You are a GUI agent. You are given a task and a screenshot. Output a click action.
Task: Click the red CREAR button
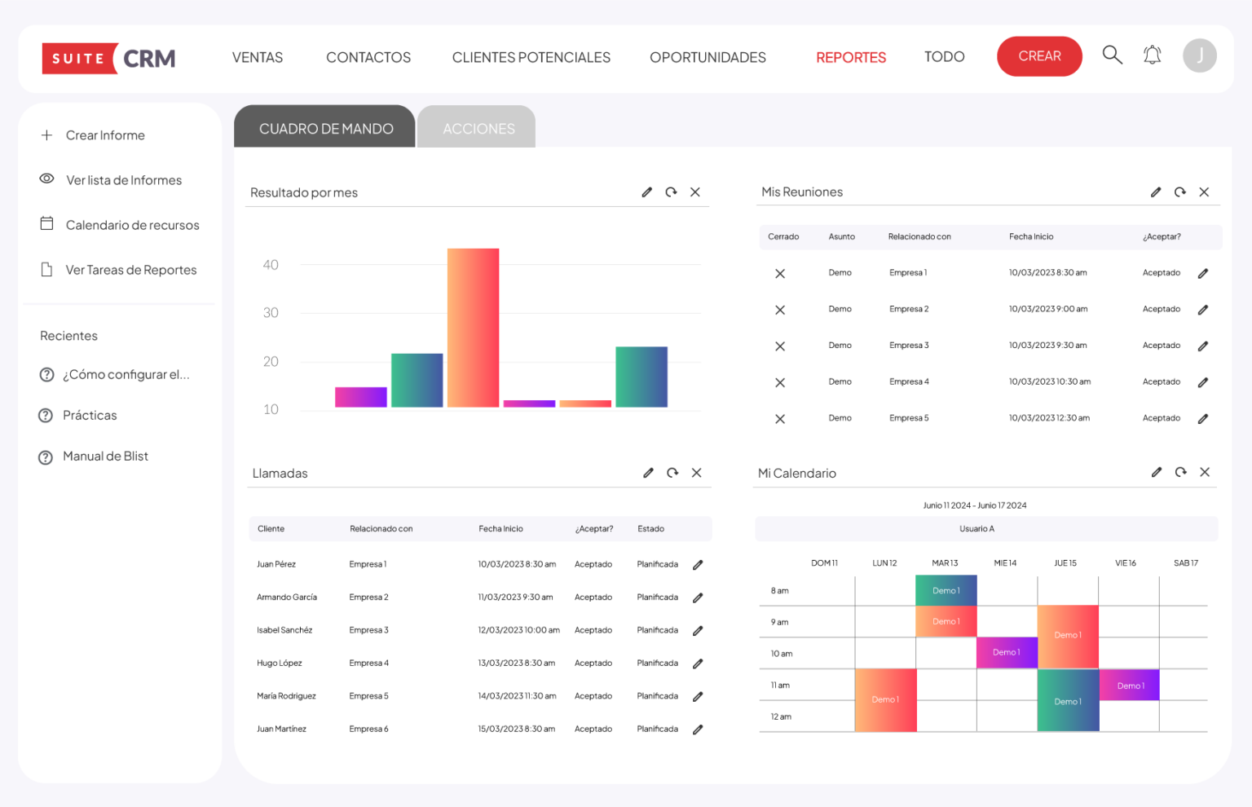(1039, 56)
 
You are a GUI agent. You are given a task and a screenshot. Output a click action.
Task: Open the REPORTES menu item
(851, 57)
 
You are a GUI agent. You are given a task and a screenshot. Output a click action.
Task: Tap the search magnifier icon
(1112, 55)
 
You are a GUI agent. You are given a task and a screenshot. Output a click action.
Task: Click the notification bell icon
(1152, 55)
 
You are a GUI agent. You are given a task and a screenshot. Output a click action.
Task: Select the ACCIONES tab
(478, 128)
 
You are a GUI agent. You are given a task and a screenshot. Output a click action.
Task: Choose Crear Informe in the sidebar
(105, 135)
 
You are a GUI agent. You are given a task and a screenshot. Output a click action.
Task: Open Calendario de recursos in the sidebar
(132, 225)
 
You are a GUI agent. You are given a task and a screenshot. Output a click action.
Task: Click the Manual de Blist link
(105, 456)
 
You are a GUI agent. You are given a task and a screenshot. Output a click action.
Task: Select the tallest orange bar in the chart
(473, 327)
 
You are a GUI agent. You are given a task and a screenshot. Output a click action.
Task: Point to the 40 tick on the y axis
(271, 265)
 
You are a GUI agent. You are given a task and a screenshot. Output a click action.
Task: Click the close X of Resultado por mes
(695, 192)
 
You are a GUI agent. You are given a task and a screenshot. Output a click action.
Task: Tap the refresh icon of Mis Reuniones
(1179, 192)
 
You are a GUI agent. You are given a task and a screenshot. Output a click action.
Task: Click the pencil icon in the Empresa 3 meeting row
(1203, 346)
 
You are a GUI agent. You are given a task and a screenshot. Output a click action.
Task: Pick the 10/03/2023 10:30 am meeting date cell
(1049, 381)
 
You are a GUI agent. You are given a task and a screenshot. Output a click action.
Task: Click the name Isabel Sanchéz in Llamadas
(284, 630)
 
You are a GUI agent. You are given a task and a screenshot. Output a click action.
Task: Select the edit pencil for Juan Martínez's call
(698, 730)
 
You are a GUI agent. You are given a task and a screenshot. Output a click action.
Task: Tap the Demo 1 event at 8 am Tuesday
(946, 590)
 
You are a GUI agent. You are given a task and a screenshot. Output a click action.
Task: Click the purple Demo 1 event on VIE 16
(1130, 686)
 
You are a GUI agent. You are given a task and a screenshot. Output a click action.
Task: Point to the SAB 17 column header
(1186, 563)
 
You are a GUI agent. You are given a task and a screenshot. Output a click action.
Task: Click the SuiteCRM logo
(108, 59)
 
